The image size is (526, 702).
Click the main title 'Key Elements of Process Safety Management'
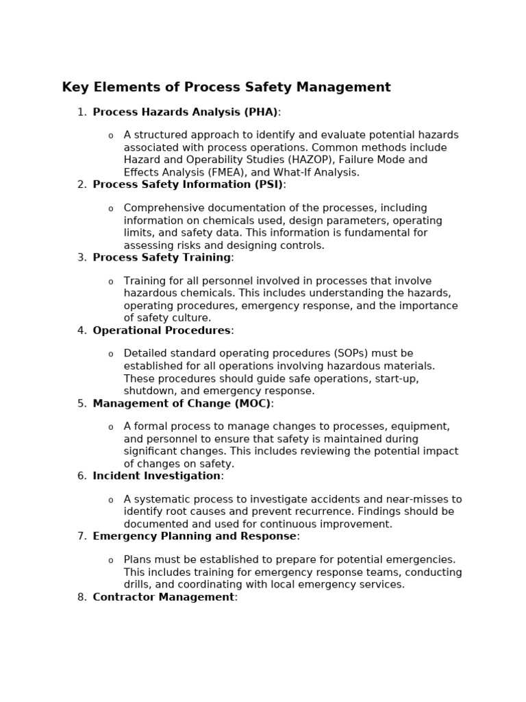pos(226,87)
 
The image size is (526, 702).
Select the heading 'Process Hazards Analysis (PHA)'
pos(185,112)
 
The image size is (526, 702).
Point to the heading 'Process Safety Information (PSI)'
pos(188,184)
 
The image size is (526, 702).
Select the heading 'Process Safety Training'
pos(162,257)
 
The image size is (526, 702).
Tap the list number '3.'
pos(82,257)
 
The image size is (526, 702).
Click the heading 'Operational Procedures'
pos(162,330)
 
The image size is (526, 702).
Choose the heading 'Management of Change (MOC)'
pos(181,403)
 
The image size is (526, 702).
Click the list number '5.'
pos(82,403)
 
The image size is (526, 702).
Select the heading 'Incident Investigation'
pos(157,476)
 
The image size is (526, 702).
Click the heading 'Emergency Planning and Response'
pos(195,536)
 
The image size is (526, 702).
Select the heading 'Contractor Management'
pos(164,597)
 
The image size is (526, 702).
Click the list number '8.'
pos(82,597)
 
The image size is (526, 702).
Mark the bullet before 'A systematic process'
pos(110,500)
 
